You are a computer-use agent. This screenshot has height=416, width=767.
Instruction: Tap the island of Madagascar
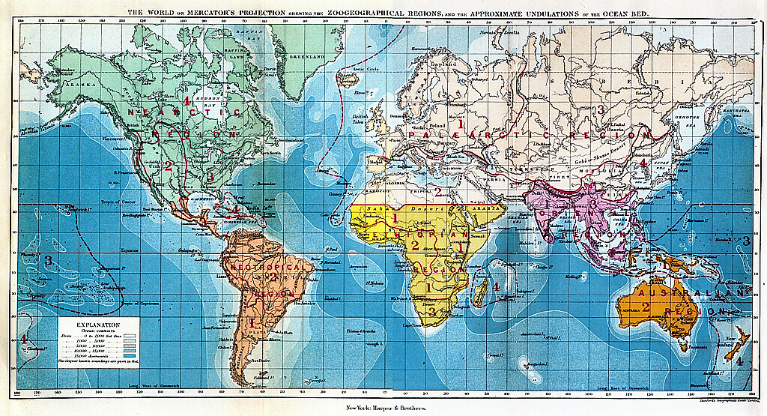click(478, 292)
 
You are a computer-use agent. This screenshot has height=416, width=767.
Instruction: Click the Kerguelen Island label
click(534, 365)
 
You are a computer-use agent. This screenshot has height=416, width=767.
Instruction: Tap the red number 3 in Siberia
click(600, 109)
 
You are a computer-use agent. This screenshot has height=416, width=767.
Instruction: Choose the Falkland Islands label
click(266, 377)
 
